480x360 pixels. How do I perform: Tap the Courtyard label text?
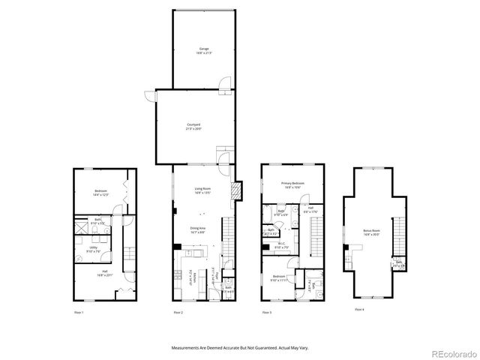193,126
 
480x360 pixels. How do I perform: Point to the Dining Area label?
199,230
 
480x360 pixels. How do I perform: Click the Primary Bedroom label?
292,184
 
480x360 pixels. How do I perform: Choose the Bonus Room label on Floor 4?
371,232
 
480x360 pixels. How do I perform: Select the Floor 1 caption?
79,311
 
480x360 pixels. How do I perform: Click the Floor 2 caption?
178,311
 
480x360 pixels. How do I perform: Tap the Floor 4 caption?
358,309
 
